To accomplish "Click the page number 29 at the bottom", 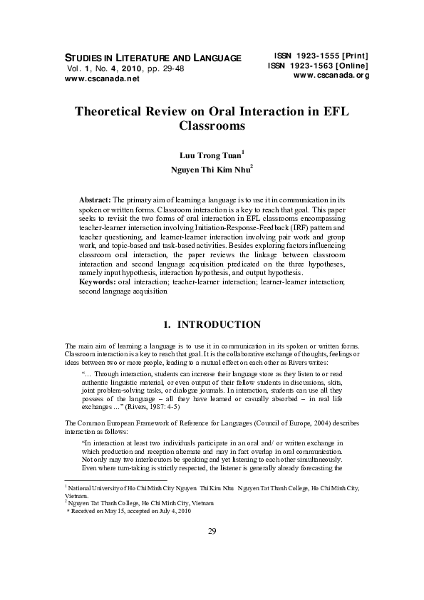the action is (212, 551).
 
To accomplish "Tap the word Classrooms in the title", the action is (212, 129).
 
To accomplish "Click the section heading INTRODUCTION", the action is (219, 325).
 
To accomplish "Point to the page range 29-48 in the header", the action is (167, 69).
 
